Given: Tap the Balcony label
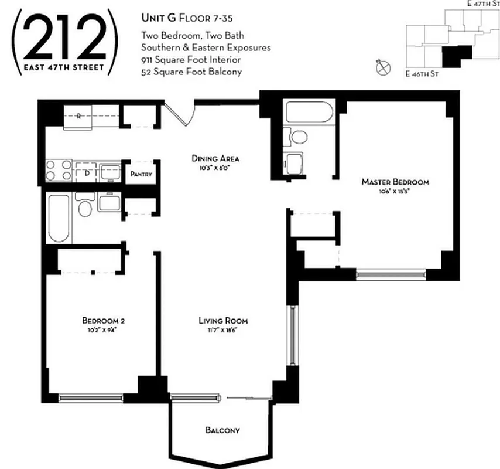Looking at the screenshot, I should [222, 430].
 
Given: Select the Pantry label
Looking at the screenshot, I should [141, 174].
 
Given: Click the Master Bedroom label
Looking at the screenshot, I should [395, 182].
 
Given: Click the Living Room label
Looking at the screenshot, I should [222, 321].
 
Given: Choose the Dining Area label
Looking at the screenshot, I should [216, 158].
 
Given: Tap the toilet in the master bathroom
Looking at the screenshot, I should [299, 137].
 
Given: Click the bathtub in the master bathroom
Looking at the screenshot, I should [309, 112].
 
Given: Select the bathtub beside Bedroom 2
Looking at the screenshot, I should [59, 217].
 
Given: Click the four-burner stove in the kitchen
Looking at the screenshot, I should [59, 170].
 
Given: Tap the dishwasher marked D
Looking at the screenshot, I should [87, 172].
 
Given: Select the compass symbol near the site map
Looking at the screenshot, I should [382, 68].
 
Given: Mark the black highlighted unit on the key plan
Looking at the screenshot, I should [455, 57].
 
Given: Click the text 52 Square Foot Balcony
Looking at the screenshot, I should [191, 72].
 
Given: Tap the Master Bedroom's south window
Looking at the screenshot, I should [391, 274].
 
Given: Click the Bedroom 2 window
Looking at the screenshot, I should [90, 398].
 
